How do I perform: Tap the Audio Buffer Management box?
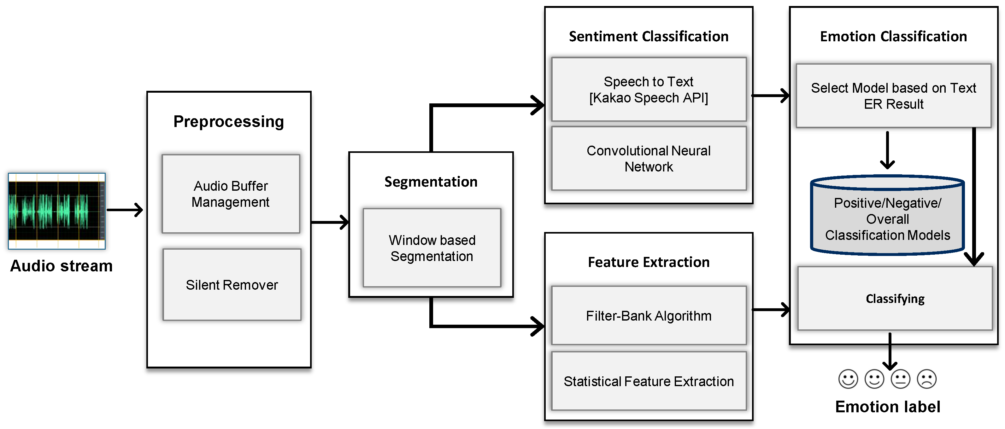click(x=231, y=194)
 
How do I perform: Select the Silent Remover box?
click(x=232, y=285)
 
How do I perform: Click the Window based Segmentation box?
click(x=432, y=248)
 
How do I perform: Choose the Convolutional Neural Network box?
click(x=649, y=158)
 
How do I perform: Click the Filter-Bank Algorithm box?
click(x=649, y=316)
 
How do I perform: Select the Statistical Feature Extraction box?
click(x=649, y=381)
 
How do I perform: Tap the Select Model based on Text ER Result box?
click(x=893, y=96)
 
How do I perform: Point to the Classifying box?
click(x=895, y=299)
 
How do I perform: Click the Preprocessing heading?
click(x=229, y=122)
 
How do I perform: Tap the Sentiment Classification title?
click(x=649, y=36)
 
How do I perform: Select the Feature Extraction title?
click(x=649, y=262)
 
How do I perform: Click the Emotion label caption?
click(x=888, y=407)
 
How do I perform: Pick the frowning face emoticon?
click(x=926, y=379)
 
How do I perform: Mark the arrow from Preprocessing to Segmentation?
click(x=330, y=222)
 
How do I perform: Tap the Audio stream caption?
click(x=61, y=266)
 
